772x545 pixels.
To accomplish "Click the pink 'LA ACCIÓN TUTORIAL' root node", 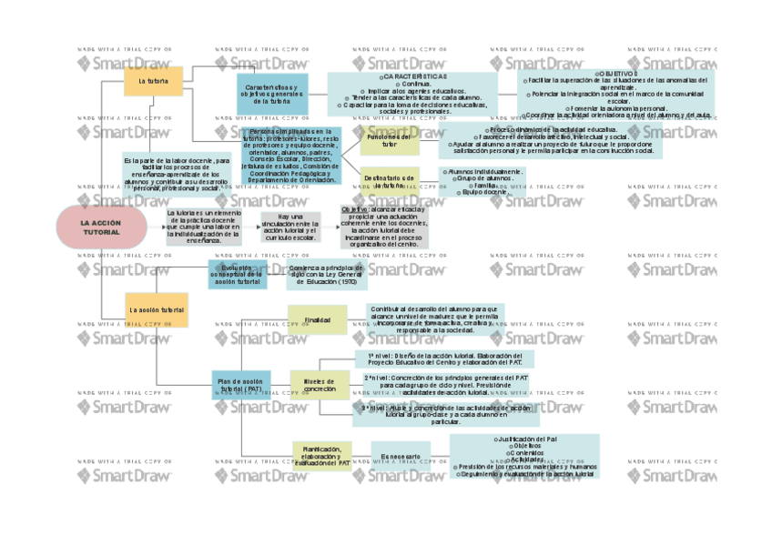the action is pyautogui.click(x=101, y=227).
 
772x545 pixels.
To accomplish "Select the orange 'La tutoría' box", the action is pyautogui.click(x=153, y=81).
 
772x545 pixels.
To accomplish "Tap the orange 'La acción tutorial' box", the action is pyautogui.click(x=156, y=309).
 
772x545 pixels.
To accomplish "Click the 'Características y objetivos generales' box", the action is pyautogui.click(x=273, y=94).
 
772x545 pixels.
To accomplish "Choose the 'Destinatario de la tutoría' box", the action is pyautogui.click(x=390, y=181).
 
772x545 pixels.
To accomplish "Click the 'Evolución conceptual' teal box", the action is pyautogui.click(x=237, y=275).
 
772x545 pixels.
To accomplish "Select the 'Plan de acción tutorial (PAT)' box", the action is pyautogui.click(x=241, y=385).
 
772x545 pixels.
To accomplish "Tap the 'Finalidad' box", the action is pyautogui.click(x=317, y=319).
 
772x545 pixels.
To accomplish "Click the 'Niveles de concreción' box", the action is pyautogui.click(x=319, y=385).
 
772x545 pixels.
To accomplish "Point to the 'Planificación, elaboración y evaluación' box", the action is pyautogui.click(x=321, y=455).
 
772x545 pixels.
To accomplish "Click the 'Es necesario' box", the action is pyautogui.click(x=401, y=456).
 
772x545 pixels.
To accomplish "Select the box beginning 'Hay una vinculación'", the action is pyautogui.click(x=289, y=227).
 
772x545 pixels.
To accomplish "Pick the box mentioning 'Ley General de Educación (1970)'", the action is pyautogui.click(x=326, y=276).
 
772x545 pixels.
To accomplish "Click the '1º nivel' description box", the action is pyautogui.click(x=444, y=358).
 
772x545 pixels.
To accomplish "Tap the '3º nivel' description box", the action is pyautogui.click(x=446, y=415).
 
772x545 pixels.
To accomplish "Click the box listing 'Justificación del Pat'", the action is pyautogui.click(x=525, y=456).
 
